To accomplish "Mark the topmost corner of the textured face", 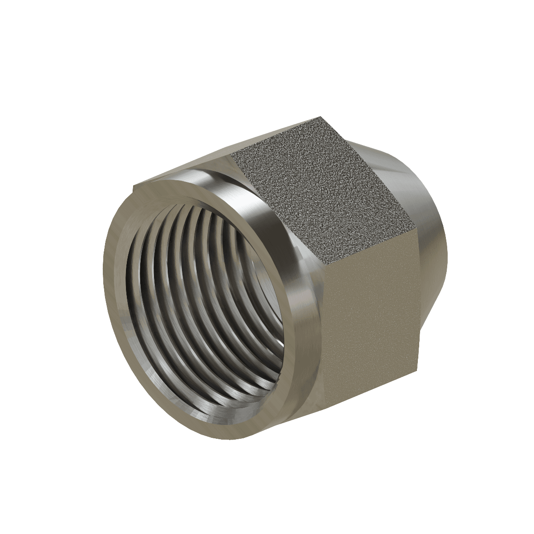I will point(321,117).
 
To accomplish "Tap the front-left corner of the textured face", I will point(234,154).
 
